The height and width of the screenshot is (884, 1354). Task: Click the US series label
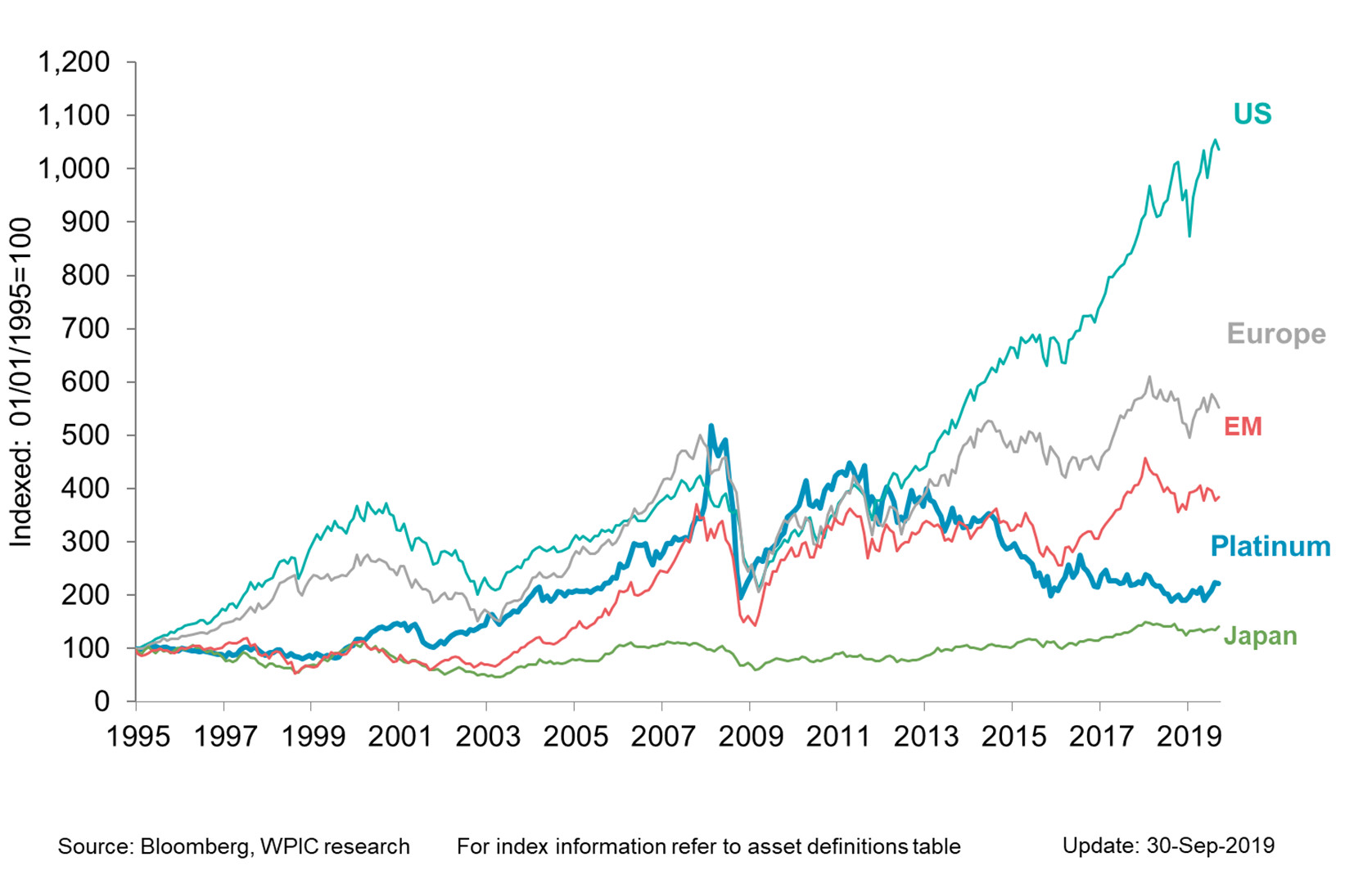[1252, 114]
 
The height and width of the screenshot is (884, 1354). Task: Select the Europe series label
[1275, 334]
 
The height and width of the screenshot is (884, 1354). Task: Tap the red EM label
[1242, 426]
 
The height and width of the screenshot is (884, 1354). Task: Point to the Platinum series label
[1270, 546]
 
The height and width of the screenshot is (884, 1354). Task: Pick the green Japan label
[1260, 636]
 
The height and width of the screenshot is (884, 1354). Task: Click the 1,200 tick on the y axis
[74, 62]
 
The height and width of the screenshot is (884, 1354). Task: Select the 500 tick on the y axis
[85, 435]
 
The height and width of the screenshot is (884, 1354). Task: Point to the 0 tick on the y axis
[102, 701]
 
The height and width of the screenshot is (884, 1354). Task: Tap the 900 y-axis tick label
[85, 222]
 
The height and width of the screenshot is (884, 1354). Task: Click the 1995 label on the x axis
[138, 737]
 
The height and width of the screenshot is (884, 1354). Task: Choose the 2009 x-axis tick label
[751, 737]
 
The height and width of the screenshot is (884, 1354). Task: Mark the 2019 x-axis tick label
[1189, 737]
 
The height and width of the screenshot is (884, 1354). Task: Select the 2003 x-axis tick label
[488, 737]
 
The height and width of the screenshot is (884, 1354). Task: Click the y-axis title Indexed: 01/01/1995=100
[20, 382]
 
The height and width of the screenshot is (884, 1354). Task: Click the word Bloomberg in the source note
[194, 846]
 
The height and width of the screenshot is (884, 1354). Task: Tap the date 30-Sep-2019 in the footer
[1210, 846]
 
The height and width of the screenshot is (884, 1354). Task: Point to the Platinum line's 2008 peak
[711, 426]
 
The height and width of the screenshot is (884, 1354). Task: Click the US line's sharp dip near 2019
[1189, 236]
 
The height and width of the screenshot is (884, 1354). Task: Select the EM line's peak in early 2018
[1145, 458]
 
